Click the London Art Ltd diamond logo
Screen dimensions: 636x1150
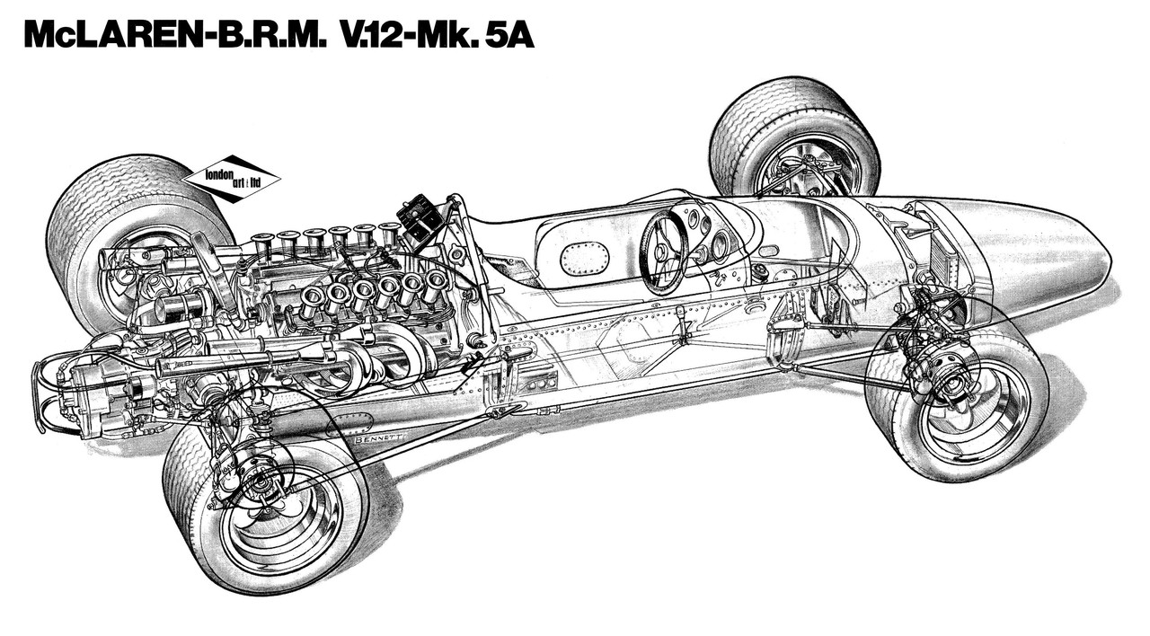click(x=231, y=177)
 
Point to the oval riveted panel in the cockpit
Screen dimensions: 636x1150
click(x=584, y=259)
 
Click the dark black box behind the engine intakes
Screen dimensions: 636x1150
click(x=420, y=219)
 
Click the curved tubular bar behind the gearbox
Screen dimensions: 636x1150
click(x=40, y=395)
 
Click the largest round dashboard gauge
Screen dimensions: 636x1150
click(x=720, y=243)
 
